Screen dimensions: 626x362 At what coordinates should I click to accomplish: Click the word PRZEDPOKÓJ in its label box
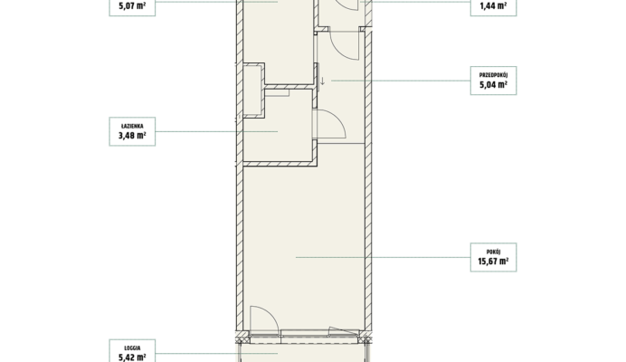tap(493, 75)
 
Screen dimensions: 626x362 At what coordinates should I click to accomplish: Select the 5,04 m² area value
tap(493, 85)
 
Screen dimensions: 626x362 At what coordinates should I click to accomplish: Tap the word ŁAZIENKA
tap(132, 126)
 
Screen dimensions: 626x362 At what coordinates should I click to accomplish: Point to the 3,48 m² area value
tap(132, 136)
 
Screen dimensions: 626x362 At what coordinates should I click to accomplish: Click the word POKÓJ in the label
tap(493, 252)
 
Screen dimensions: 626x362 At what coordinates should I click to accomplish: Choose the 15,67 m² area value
tap(493, 262)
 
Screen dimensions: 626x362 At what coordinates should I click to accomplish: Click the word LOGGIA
tap(132, 348)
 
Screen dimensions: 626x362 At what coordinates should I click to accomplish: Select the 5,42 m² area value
tap(132, 357)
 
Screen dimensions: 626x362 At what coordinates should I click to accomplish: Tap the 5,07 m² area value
tap(132, 6)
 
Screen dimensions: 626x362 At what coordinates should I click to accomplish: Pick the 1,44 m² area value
tap(493, 6)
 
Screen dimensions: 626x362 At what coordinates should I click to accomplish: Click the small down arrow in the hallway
tap(323, 81)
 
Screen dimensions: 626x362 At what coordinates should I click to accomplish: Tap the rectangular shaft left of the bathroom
tap(253, 90)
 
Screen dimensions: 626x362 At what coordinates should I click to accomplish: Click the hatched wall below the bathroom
tap(280, 164)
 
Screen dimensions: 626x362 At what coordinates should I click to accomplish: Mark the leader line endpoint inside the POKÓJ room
tap(296, 257)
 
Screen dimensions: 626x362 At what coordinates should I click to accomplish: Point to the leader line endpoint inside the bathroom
tap(278, 131)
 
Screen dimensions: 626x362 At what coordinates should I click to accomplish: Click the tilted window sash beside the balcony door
tap(344, 331)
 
